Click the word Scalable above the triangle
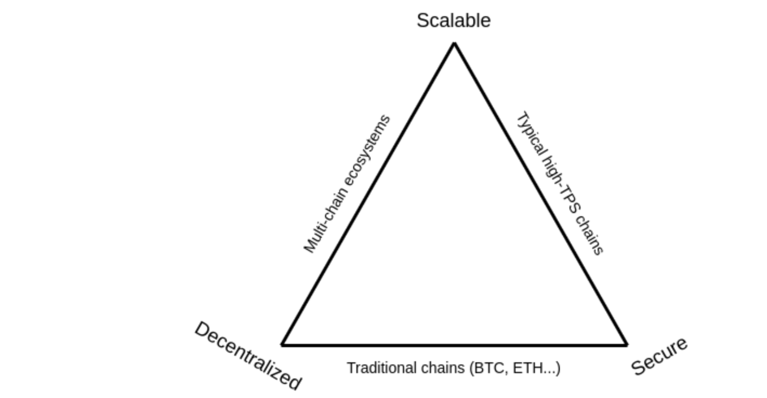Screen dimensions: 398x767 [x=453, y=21]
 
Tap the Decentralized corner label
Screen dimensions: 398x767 [x=247, y=355]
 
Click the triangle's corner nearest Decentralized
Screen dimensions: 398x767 [x=282, y=344]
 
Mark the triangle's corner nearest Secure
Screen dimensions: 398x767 [x=626, y=344]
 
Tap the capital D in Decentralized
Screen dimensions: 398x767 [x=202, y=330]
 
